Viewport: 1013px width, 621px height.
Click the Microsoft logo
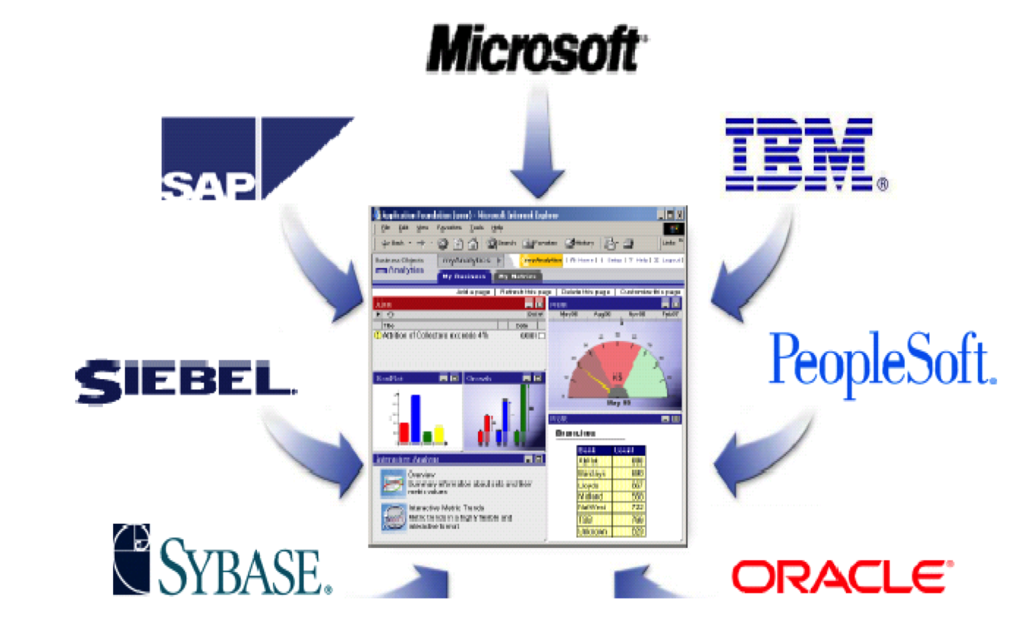coord(535,49)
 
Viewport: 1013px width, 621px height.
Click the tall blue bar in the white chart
coord(415,418)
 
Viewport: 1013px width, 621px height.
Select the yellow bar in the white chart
coord(439,433)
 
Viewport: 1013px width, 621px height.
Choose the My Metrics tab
coord(517,276)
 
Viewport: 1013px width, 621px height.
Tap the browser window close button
coord(679,215)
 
